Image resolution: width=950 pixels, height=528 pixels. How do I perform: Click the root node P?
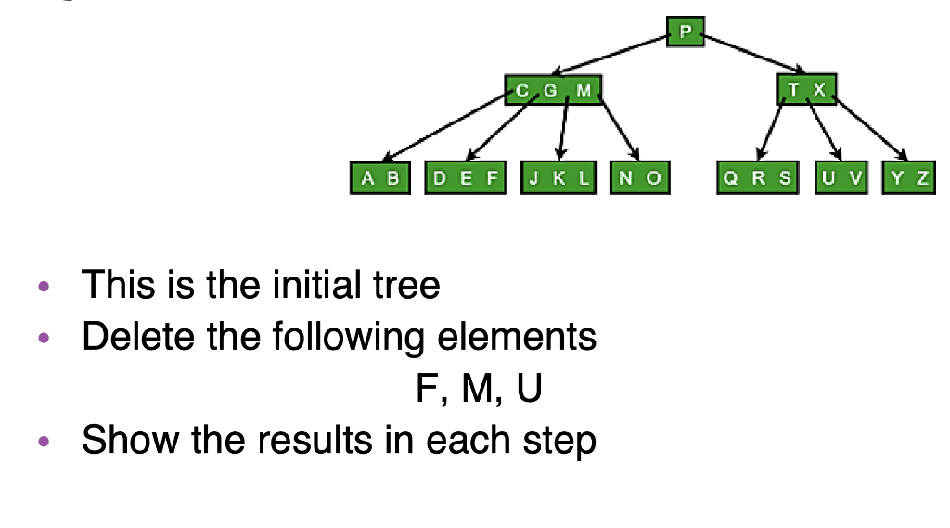point(685,32)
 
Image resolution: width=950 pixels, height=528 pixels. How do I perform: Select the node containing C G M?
point(554,90)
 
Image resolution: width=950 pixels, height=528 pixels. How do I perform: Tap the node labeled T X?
point(806,90)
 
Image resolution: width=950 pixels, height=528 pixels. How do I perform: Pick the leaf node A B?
point(380,178)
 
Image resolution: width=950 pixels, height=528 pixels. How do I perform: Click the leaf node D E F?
point(465,178)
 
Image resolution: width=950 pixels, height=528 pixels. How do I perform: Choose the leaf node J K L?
point(558,178)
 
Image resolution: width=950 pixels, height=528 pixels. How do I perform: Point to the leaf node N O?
point(640,178)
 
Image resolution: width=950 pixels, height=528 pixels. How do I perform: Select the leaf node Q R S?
point(758,178)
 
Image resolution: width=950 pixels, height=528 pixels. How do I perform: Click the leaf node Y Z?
point(909,178)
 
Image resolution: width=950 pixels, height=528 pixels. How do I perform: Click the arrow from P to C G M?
point(612,56)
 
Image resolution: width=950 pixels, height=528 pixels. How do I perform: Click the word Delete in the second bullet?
point(138,335)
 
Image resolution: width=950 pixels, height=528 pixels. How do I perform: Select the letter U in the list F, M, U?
point(529,389)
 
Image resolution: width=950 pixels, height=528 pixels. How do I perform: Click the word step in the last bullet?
point(560,441)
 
